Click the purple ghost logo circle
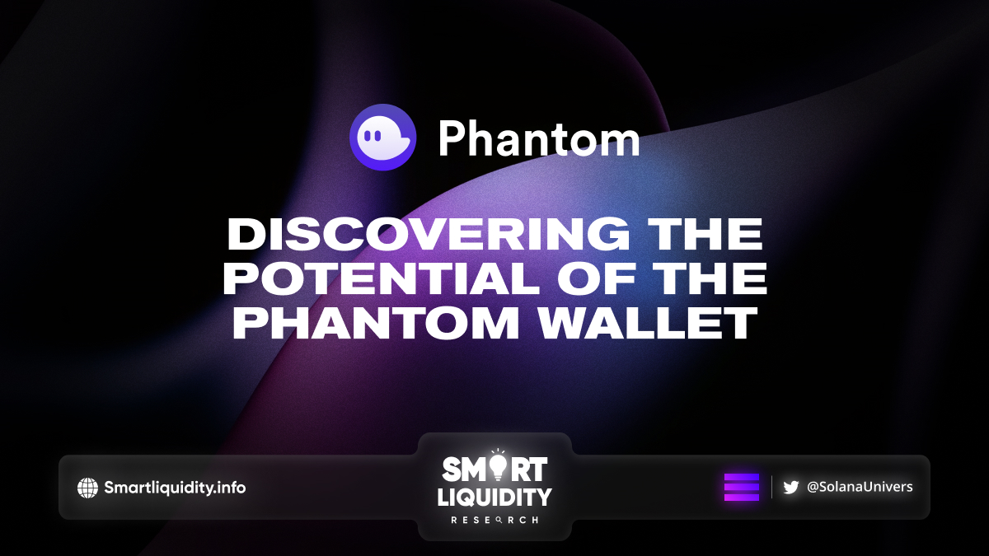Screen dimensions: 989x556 coord(382,138)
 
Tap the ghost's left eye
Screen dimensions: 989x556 coord(367,135)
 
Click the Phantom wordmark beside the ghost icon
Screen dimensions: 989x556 coord(539,139)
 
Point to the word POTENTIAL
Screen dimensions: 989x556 coord(381,278)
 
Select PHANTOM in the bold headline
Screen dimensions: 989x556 coord(376,323)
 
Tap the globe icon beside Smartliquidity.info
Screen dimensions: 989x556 coord(87,488)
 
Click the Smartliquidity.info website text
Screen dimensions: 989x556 coord(175,488)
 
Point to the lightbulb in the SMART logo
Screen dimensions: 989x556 coord(498,466)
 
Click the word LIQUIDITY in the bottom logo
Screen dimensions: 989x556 coord(494,497)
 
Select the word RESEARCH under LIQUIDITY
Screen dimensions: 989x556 coord(494,521)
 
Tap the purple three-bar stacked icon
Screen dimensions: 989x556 coord(742,487)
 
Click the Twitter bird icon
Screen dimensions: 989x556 coord(790,488)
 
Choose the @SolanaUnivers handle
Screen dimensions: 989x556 coord(860,487)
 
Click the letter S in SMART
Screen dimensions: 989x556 coord(452,469)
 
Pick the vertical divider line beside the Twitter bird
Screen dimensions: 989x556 coord(771,487)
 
